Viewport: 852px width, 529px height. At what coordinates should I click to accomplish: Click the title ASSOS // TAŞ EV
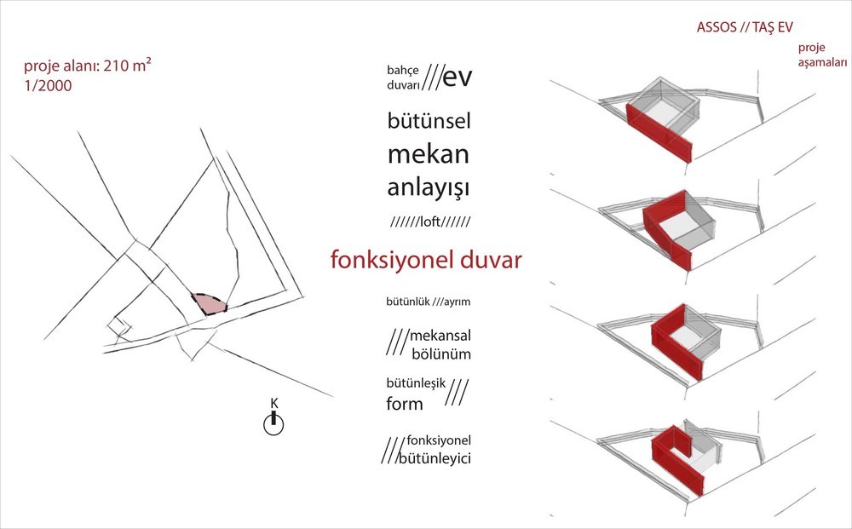coord(745,28)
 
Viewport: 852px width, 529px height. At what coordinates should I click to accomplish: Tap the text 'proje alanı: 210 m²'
coord(88,66)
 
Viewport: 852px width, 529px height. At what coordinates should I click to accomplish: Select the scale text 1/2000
coord(48,86)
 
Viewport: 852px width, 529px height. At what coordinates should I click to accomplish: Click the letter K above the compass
coord(273,403)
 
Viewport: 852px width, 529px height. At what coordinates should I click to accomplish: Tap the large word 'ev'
coord(458,77)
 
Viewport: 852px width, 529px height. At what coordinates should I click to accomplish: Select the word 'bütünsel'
coord(429,120)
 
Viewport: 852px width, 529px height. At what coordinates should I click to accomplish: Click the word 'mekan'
coord(429,154)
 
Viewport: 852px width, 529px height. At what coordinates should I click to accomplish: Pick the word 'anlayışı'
coord(429,188)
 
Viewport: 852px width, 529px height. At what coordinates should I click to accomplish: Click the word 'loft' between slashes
coord(430,221)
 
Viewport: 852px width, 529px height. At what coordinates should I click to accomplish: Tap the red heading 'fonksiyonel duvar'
coord(426,260)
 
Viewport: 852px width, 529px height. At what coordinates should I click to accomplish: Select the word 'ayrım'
coord(457,302)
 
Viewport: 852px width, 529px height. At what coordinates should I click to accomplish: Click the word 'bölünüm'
coord(441,354)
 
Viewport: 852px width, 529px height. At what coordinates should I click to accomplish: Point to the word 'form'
coord(405,404)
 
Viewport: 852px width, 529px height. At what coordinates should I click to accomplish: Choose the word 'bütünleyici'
coord(435,457)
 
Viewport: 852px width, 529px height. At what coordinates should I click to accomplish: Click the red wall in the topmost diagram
coord(659,133)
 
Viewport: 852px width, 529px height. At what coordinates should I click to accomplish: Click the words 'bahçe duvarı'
coord(403,78)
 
